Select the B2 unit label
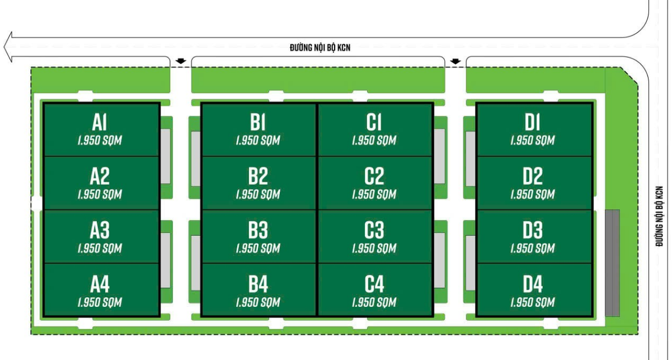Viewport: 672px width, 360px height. coord(258,177)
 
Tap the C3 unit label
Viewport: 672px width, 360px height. coord(374,231)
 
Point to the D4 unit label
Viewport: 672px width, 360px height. coord(533,285)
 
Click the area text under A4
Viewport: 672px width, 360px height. coord(100,303)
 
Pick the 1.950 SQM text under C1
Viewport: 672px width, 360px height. coord(374,141)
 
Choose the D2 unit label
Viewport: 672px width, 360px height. coord(533,177)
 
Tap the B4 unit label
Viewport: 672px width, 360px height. coord(258,285)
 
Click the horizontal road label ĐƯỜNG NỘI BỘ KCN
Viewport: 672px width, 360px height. coord(320,48)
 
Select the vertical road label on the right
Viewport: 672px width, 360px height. coord(660,216)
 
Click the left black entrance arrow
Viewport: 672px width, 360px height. coord(180,60)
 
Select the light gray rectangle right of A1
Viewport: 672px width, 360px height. coord(165,156)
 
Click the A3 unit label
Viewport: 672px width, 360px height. coord(100,231)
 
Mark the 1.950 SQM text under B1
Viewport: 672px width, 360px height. coord(258,141)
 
